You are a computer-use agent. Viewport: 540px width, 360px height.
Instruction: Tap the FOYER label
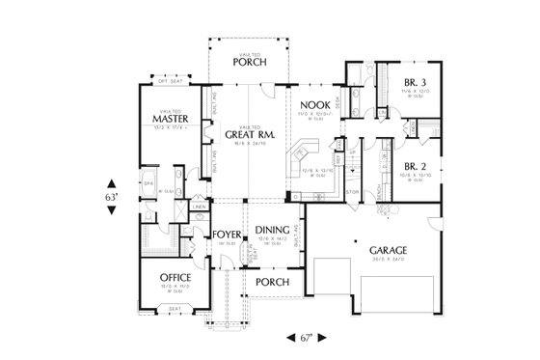pos(226,235)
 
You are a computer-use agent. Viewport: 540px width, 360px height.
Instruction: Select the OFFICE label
pos(175,277)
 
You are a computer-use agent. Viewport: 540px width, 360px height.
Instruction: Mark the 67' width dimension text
pos(307,337)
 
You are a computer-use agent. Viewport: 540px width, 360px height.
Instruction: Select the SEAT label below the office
pos(175,309)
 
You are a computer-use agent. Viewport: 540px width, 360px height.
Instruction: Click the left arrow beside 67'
pos(290,337)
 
